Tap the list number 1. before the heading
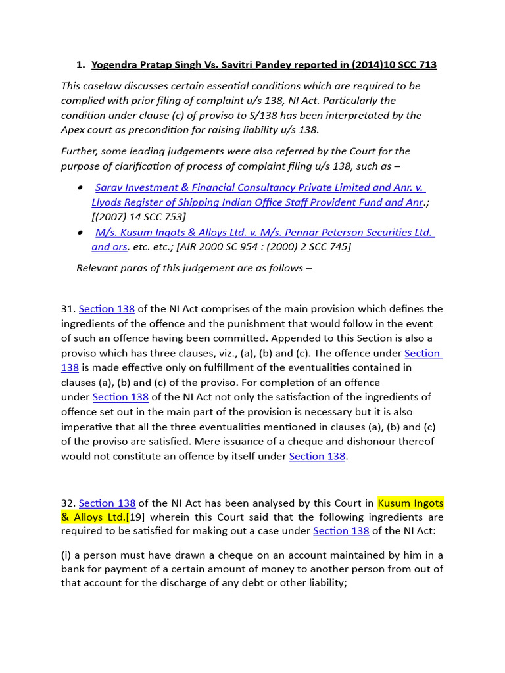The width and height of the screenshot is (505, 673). click(81, 64)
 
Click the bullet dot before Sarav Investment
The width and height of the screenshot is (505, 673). click(80, 188)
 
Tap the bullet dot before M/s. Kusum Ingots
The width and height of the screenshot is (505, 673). click(80, 233)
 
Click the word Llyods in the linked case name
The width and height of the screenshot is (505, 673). click(107, 202)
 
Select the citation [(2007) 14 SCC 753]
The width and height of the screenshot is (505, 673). click(139, 217)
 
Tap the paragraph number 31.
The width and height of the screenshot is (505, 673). click(68, 309)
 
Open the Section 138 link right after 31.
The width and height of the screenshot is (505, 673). click(107, 309)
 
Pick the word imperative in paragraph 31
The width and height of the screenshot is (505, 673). click(89, 427)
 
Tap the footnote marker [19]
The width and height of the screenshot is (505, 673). click(134, 517)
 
